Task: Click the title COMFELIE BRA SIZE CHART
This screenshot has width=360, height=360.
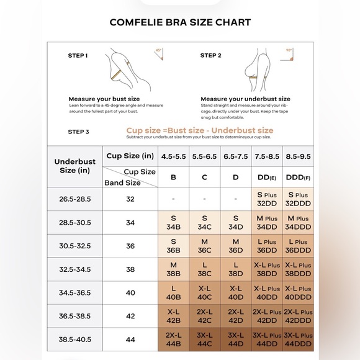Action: [180, 22]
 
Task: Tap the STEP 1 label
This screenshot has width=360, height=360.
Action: [78, 55]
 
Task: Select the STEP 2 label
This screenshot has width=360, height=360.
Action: [210, 55]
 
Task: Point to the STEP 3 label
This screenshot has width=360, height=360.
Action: [78, 132]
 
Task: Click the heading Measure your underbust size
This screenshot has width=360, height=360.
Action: [245, 99]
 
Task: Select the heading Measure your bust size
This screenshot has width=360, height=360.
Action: [104, 99]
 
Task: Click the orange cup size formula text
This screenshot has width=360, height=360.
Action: [199, 130]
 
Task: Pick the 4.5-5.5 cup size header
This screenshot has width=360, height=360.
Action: [174, 156]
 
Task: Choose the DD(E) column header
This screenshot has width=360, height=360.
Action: [267, 177]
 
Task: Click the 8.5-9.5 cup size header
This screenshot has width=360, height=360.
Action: [298, 156]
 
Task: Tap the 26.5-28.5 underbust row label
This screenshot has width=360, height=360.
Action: [74, 199]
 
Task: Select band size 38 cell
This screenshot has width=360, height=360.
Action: [130, 270]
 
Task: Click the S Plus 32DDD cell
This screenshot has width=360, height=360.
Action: [298, 199]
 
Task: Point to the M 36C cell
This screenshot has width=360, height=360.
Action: [205, 246]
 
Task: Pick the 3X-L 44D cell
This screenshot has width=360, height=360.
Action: [236, 340]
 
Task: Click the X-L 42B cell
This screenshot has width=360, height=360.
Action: [174, 317]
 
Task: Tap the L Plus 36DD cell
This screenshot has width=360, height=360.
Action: [267, 246]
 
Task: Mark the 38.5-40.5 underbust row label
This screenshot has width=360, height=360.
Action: [74, 340]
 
